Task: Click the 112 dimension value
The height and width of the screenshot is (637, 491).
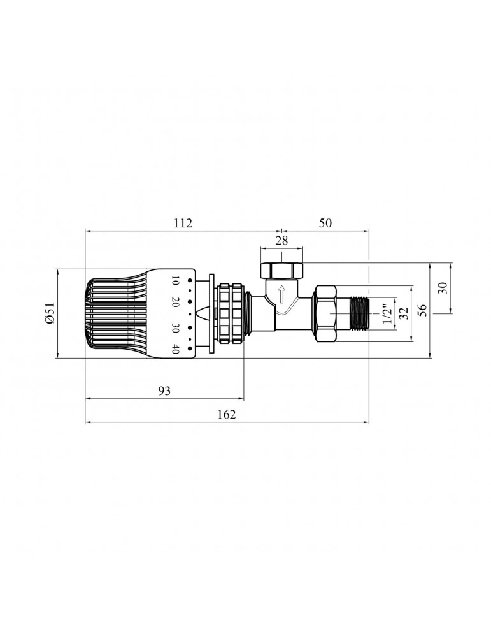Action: [182, 224]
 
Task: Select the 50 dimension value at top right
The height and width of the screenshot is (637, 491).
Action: [325, 224]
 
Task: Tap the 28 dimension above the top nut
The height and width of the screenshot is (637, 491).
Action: [281, 240]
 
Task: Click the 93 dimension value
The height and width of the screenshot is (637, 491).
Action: [164, 391]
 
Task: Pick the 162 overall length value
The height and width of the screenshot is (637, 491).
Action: [226, 414]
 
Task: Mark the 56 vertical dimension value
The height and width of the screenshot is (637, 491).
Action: [420, 309]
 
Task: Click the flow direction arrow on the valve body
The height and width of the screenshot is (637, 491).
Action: [281, 296]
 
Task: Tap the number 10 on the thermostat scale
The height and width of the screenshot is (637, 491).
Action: [175, 282]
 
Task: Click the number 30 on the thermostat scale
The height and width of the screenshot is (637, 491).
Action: [175, 329]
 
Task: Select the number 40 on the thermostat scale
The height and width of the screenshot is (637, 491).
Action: [175, 348]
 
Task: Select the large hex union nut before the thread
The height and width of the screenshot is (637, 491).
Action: [325, 313]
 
